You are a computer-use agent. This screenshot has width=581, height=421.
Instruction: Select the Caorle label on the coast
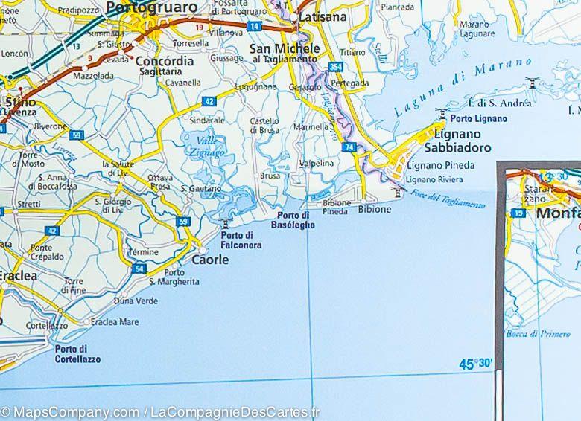click(210, 260)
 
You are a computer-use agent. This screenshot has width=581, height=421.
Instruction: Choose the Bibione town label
click(374, 210)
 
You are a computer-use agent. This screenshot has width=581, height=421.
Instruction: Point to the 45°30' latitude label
click(477, 364)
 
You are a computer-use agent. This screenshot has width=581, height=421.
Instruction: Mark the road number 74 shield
click(350, 148)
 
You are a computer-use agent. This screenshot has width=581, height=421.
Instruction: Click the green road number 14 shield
click(255, 26)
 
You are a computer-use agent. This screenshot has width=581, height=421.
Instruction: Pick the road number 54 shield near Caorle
click(139, 267)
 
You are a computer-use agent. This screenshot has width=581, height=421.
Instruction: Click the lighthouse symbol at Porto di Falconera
click(225, 223)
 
